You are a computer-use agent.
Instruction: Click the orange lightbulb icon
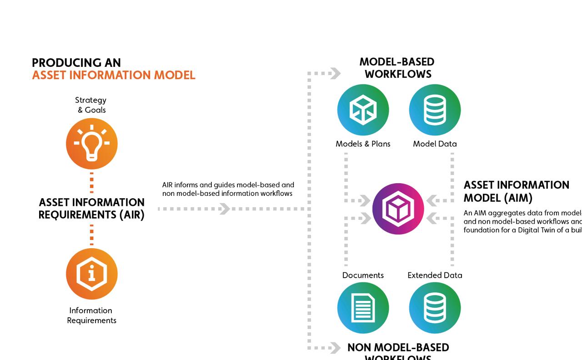[x=92, y=144]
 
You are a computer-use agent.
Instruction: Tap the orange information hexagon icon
[x=92, y=274]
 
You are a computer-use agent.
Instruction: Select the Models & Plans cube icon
[x=363, y=110]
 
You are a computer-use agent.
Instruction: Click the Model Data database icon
[x=435, y=110]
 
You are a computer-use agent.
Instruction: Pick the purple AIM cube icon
[x=398, y=209]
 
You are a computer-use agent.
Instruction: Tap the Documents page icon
[x=363, y=308]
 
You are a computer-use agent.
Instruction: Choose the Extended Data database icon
[x=435, y=308]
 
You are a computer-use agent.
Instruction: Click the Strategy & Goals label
[x=91, y=105]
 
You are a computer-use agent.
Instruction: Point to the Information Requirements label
[x=91, y=315]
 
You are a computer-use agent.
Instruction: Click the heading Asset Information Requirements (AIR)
[x=91, y=209]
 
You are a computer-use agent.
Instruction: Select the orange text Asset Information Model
[x=114, y=75]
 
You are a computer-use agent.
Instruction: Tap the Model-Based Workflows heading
[x=397, y=68]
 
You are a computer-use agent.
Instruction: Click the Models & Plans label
[x=363, y=144]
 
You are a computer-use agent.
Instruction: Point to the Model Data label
[x=435, y=144]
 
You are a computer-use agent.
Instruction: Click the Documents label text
[x=363, y=275]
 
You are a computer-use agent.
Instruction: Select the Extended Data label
[x=435, y=275]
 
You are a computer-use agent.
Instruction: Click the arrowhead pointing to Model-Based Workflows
[x=335, y=73]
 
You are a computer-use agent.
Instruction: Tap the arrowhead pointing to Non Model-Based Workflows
[x=335, y=348]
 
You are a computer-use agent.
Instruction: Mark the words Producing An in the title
[x=76, y=63]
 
